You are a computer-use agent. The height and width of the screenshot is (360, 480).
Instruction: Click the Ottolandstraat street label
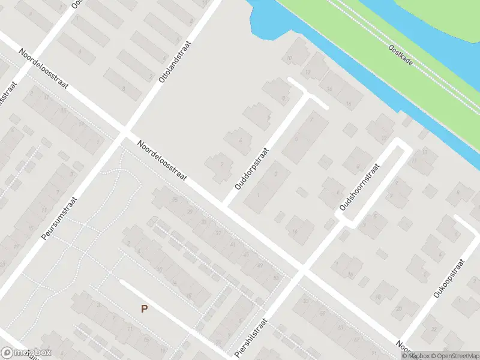click(174, 62)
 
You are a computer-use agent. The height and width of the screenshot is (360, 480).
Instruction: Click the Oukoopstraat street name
click(449, 279)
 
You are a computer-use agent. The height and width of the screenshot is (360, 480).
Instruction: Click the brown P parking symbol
click(144, 309)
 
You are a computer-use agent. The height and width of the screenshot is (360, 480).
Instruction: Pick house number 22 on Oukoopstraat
click(433, 329)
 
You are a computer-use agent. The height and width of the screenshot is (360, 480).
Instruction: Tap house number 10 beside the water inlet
click(289, 58)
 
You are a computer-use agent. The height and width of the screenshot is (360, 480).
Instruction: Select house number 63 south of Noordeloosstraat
click(275, 278)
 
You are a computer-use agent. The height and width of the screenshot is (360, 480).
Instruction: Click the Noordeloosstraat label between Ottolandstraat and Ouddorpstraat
click(163, 161)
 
